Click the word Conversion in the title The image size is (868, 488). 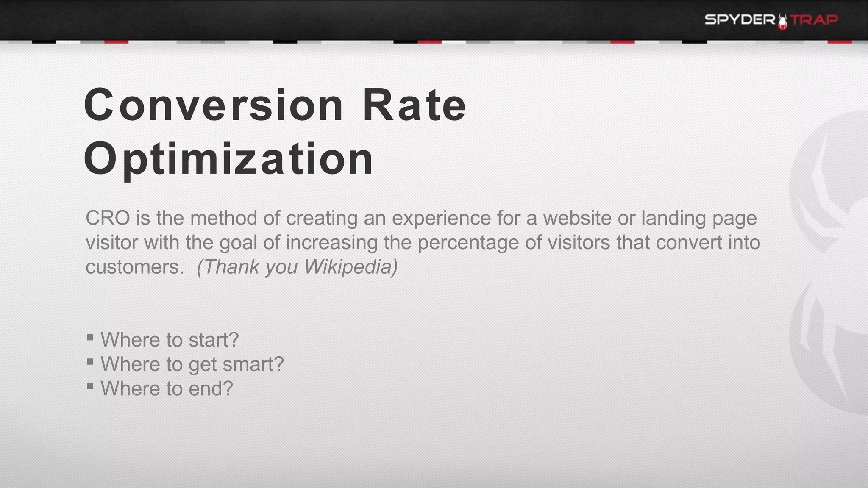pos(213,105)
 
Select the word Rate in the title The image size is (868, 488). pos(414,105)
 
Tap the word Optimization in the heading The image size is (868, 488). pos(229,159)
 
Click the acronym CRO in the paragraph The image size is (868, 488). pos(108,218)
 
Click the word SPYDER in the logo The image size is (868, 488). pos(740,19)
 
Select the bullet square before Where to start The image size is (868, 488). pos(90,338)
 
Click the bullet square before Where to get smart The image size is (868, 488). pos(90,362)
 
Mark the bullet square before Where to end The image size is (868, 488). pos(90,386)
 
